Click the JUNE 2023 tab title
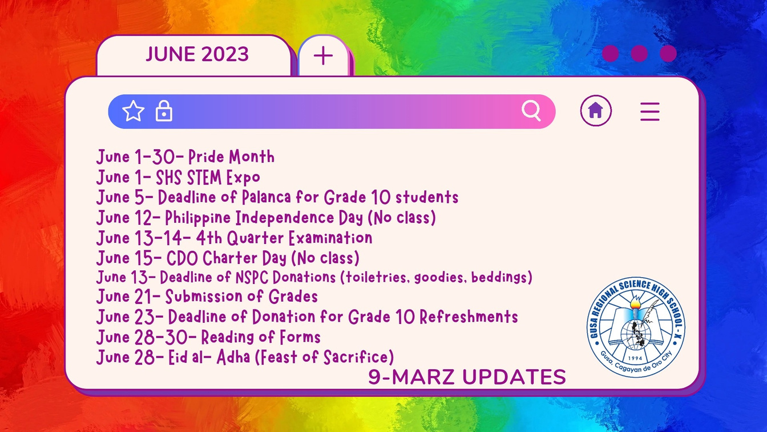coord(197,54)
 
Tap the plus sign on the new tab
coord(323,55)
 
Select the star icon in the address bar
coord(133,111)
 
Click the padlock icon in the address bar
coord(164,111)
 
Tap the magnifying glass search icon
coord(531,110)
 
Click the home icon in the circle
coord(596,110)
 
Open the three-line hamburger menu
coord(650,111)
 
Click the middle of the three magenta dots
coord(639,54)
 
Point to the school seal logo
coord(636,327)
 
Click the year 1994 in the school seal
coord(636,358)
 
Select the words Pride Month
coord(232,157)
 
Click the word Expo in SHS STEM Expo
coord(243,178)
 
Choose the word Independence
coord(285,218)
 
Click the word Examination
coord(330,238)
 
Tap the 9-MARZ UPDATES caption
coord(467,377)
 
